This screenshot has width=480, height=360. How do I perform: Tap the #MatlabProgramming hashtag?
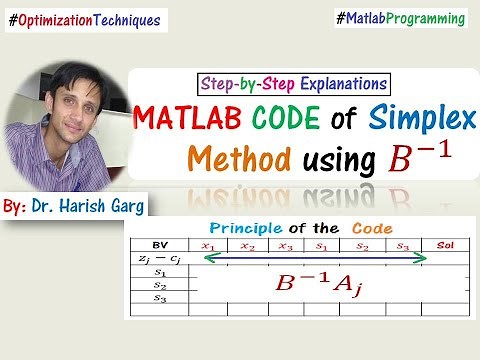click(401, 18)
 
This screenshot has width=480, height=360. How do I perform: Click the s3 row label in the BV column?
click(158, 297)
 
